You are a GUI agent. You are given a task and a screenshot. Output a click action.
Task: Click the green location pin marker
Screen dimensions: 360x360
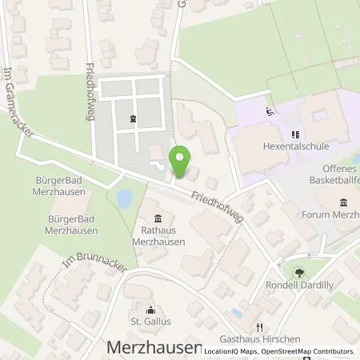point(181,160)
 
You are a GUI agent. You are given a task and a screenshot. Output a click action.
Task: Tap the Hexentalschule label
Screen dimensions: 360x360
point(295,148)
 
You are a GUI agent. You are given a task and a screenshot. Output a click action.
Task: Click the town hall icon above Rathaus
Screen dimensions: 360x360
point(158,218)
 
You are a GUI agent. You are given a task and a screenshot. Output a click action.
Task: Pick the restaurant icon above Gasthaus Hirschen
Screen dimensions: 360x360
point(259,327)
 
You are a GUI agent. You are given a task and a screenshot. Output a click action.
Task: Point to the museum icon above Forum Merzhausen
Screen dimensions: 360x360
point(343,202)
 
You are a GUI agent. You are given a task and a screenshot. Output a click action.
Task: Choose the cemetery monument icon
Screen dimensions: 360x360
point(132,120)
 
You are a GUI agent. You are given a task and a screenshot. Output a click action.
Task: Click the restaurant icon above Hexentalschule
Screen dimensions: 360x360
point(295,135)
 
